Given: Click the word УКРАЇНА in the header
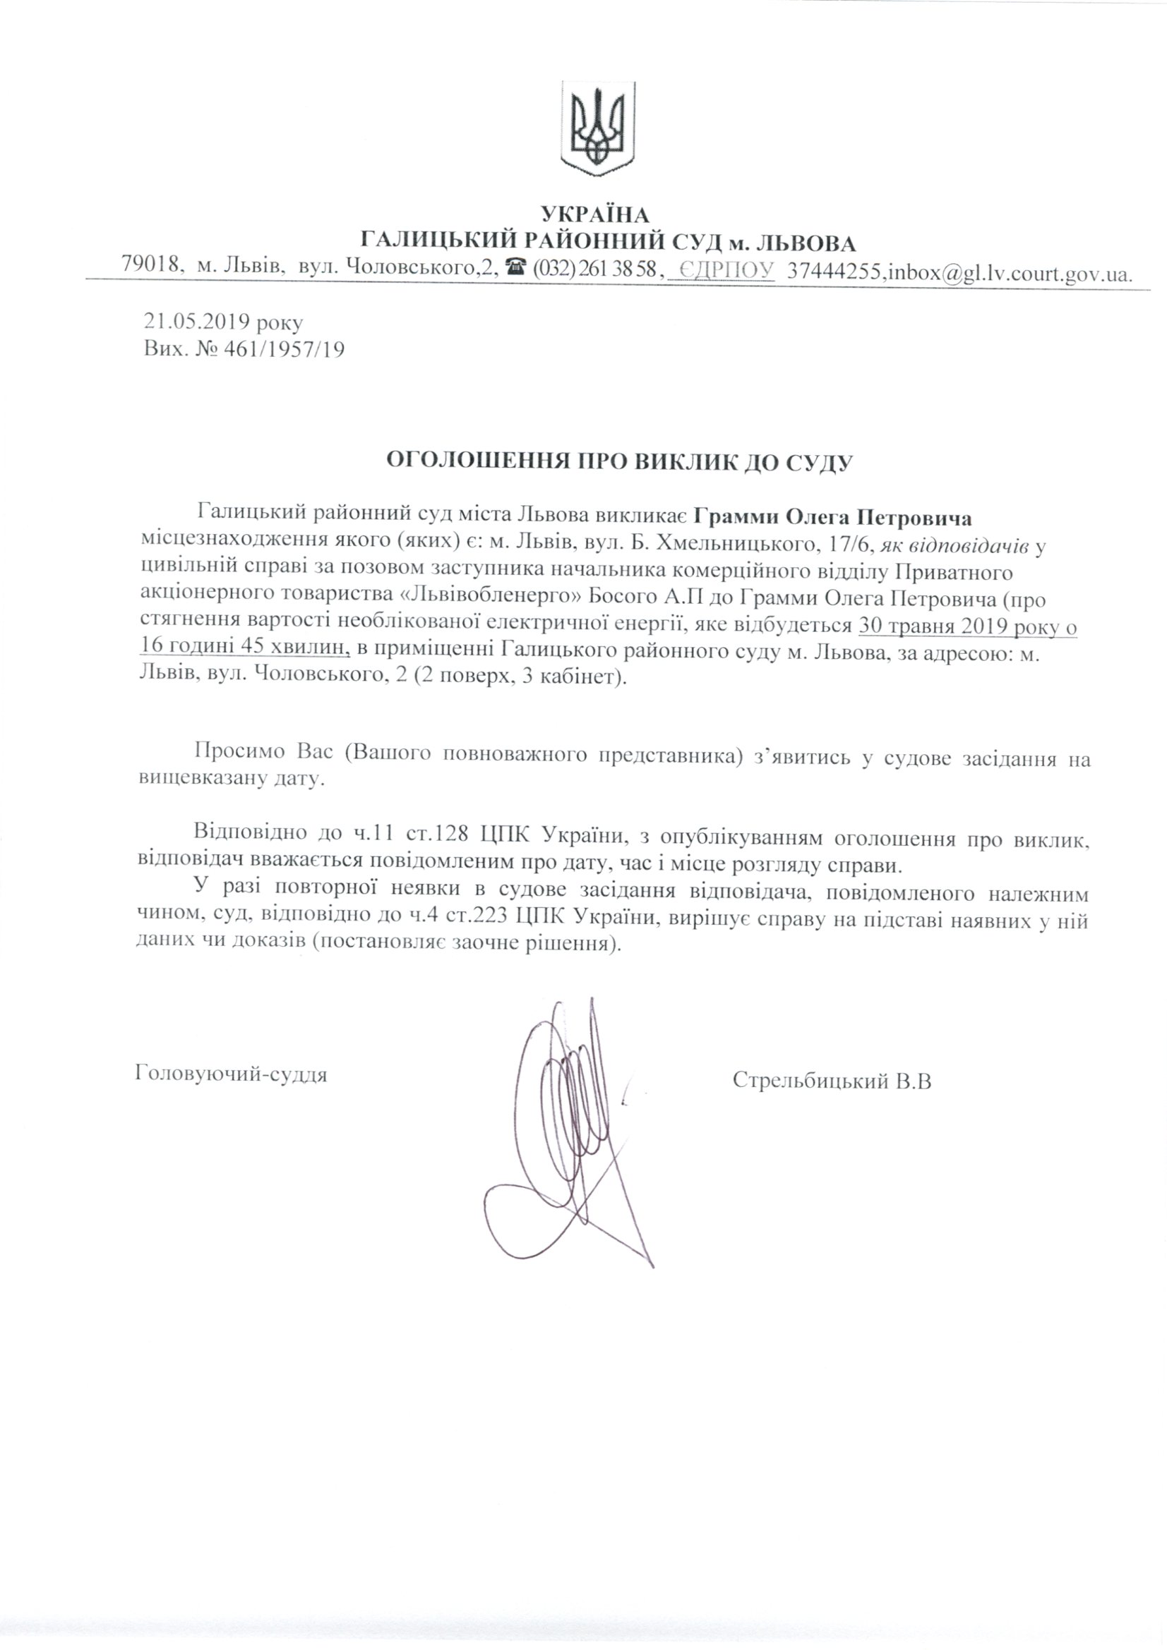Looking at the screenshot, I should (594, 214).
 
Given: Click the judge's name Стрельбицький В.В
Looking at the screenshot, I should (832, 1081).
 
